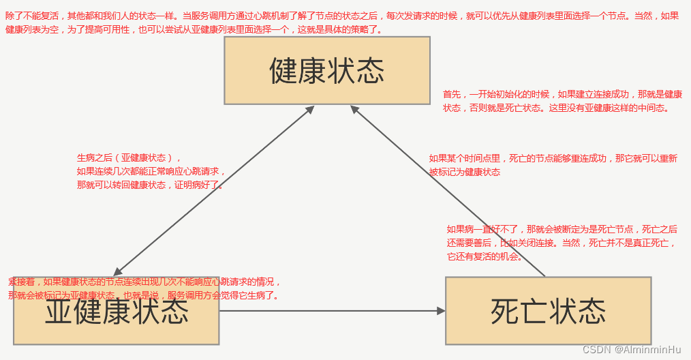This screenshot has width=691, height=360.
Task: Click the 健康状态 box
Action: click(x=327, y=70)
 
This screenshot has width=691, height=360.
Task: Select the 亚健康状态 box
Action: click(x=117, y=312)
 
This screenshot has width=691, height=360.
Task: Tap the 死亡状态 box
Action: click(x=548, y=310)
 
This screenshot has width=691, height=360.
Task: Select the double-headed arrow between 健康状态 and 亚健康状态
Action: click(x=213, y=191)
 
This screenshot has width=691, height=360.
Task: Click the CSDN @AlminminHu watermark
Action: click(x=632, y=350)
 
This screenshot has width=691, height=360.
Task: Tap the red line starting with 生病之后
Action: click(x=129, y=157)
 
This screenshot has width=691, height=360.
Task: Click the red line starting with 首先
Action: click(x=562, y=94)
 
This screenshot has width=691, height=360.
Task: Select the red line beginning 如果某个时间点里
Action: click(x=553, y=158)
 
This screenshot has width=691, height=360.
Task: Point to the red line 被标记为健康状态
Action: click(x=464, y=172)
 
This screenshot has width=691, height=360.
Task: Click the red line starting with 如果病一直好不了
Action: click(x=562, y=229)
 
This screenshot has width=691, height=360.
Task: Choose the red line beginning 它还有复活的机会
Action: click(x=485, y=256)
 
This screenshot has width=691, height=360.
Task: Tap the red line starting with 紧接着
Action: click(x=144, y=282)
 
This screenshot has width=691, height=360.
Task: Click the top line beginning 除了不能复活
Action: click(x=341, y=15)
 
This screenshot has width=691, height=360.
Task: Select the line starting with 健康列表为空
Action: click(x=194, y=30)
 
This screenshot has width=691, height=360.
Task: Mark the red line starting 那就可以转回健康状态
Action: click(x=150, y=185)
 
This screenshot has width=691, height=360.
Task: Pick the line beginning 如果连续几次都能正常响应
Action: click(x=151, y=171)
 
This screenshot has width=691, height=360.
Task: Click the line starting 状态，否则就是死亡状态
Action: click(x=556, y=108)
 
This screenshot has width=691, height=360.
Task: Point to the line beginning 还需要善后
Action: click(x=562, y=243)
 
